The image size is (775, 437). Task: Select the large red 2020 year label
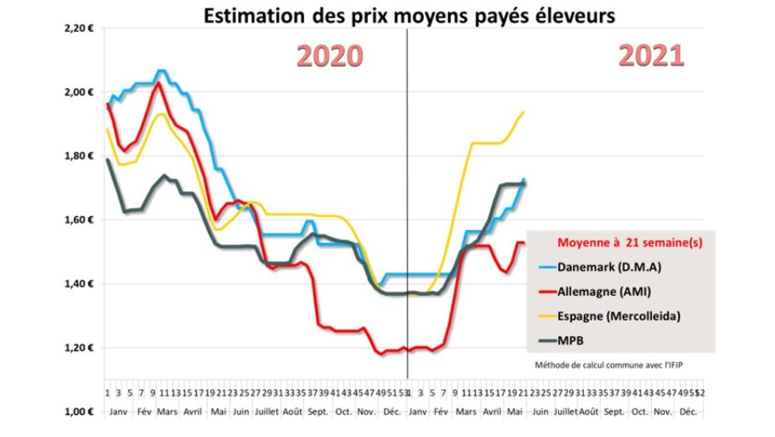(x=330, y=56)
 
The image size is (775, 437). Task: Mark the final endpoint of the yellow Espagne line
(x=524, y=111)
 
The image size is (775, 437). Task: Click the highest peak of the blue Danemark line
(x=161, y=71)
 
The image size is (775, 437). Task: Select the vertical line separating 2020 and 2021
(x=407, y=209)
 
